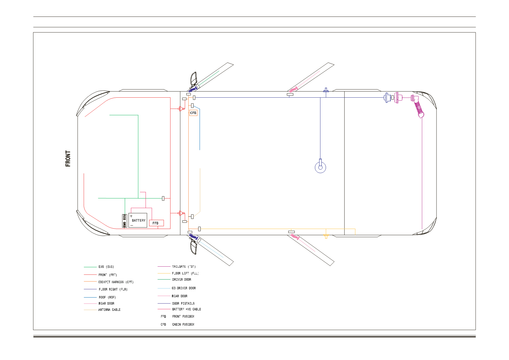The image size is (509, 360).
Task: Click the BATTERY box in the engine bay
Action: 138,220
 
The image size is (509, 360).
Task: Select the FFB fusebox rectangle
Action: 157,223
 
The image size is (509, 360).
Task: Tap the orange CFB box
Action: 193,113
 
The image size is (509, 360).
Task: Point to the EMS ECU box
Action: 125,221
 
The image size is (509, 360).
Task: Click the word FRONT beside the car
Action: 68,159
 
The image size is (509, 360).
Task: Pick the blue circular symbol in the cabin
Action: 321,168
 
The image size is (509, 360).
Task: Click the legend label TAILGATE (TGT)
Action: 184,267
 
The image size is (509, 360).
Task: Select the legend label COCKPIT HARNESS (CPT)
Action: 116,282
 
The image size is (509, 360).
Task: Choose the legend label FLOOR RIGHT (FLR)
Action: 113,289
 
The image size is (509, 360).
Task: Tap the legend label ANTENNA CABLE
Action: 109,310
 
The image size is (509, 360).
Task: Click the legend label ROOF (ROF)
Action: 107,297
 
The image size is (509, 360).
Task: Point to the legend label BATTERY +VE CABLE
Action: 187,309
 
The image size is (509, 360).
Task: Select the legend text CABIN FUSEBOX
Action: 183,324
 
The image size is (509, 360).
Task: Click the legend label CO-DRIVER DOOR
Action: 184,288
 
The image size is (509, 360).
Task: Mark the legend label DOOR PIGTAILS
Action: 183,303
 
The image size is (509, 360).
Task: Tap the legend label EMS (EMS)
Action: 106,267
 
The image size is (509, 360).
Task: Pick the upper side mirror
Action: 194,79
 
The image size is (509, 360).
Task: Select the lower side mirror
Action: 194,247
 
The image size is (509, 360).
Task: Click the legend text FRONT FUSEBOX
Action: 183,317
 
